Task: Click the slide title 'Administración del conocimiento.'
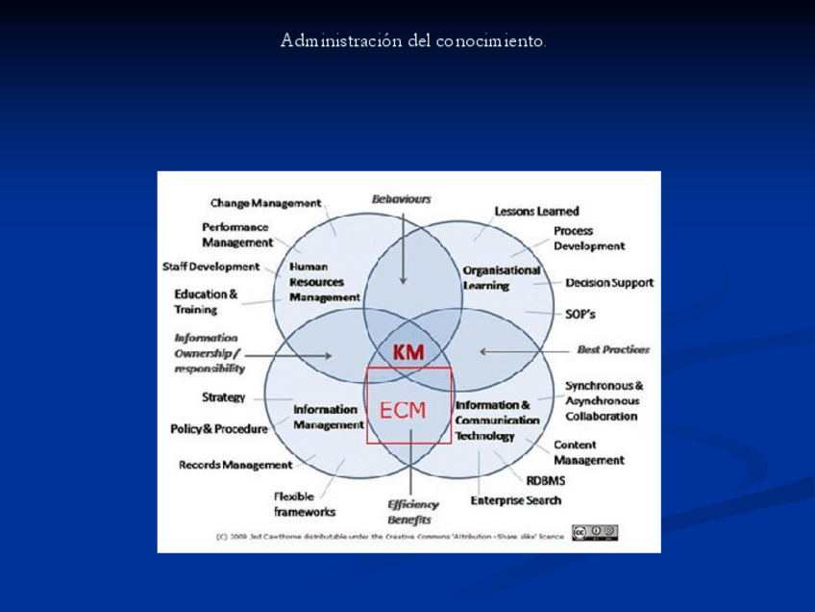(413, 41)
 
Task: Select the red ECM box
(409, 405)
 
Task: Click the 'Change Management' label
(265, 203)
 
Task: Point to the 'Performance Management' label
(235, 236)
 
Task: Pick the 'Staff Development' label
(210, 267)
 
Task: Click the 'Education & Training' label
(206, 301)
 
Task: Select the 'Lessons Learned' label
(536, 211)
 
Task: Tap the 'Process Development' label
(588, 239)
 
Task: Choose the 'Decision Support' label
(609, 283)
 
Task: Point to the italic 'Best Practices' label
(612, 349)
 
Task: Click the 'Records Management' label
(235, 465)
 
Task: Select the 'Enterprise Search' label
(515, 500)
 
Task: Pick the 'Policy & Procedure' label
(218, 428)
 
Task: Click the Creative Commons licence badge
(594, 532)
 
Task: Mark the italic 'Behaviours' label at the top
(401, 198)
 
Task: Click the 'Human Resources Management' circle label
(316, 282)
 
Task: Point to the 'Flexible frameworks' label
(305, 504)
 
